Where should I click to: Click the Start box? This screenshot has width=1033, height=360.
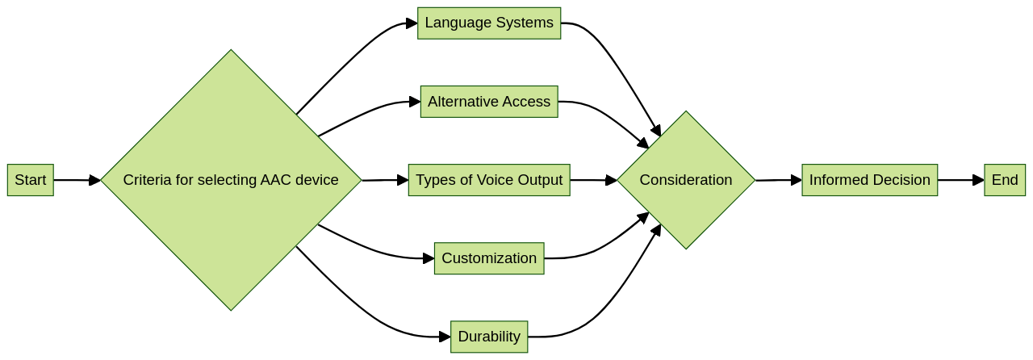[31, 180]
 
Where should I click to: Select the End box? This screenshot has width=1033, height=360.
[1005, 180]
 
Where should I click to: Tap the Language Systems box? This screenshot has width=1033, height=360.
[489, 23]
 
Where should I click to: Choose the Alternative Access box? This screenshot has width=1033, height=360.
[489, 102]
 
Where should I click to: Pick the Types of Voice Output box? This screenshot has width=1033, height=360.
[489, 180]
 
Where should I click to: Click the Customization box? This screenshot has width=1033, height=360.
[489, 258]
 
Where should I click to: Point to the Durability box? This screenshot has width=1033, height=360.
[489, 337]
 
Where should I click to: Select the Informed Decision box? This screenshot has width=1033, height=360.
[870, 180]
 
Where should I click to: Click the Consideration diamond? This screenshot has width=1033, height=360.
[686, 180]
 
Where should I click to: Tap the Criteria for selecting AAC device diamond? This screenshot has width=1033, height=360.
[231, 180]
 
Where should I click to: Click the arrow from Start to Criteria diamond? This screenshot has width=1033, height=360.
[77, 180]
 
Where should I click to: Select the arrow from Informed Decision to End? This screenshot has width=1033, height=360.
[960, 180]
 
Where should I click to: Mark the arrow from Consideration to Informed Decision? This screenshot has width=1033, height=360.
[778, 180]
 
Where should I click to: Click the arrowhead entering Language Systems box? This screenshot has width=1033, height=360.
[412, 23]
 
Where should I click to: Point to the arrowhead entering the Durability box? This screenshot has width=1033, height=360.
[445, 337]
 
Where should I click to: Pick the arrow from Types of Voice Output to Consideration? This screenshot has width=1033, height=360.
[593, 180]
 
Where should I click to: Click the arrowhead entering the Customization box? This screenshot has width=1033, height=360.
[429, 258]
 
